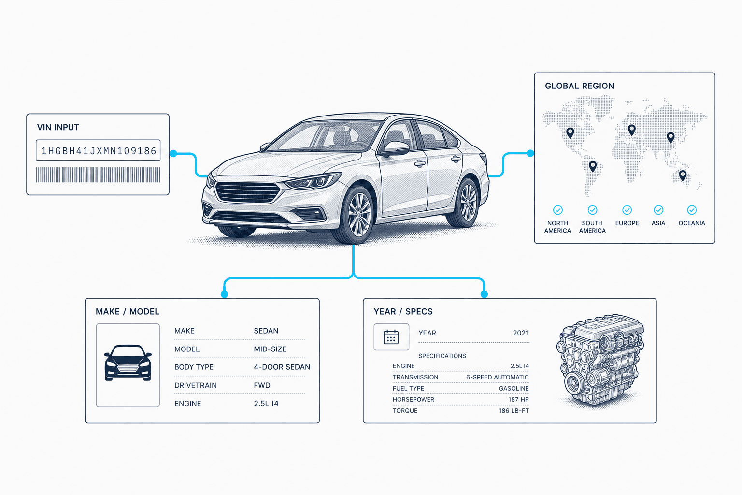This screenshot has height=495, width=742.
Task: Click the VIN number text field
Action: tap(98, 150)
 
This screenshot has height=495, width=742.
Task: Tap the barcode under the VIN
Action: tap(98, 175)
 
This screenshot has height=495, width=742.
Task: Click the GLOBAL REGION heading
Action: tap(579, 86)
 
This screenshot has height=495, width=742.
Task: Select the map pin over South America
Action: tap(593, 166)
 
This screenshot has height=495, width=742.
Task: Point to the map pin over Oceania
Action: tap(683, 175)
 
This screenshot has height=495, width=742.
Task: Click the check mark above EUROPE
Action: tap(627, 210)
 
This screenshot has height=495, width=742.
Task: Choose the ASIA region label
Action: tap(658, 223)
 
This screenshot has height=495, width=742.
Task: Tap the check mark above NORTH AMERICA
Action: tap(558, 210)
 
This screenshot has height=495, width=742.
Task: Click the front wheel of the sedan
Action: tap(359, 215)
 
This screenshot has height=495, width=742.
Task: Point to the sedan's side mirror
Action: tap(396, 149)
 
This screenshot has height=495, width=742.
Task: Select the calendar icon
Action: tap(391, 337)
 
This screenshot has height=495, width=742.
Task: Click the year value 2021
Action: tap(521, 333)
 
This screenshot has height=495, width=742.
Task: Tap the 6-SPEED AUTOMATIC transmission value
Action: tap(497, 377)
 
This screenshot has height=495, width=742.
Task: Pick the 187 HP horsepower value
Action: tap(518, 399)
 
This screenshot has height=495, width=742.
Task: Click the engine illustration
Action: tap(600, 361)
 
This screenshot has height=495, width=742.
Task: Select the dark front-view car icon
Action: tap(128, 363)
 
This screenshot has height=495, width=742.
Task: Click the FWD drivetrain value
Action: tap(262, 385)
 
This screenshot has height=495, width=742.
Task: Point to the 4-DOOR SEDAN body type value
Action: tap(282, 367)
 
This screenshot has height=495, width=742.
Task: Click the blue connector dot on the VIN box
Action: tap(173, 154)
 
